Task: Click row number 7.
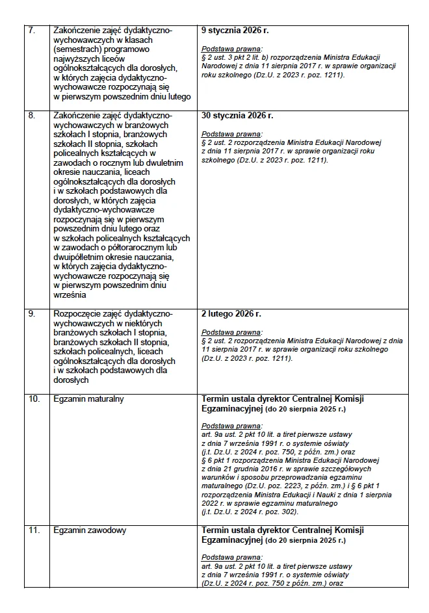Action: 32,31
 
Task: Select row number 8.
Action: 32,115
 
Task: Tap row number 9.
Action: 32,314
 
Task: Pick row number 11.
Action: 33,530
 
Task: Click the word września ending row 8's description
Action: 70,294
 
